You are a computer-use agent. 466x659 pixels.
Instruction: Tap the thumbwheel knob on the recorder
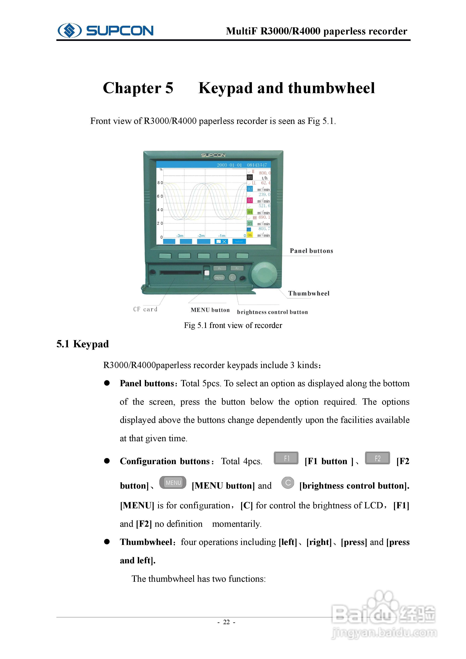coord(264,274)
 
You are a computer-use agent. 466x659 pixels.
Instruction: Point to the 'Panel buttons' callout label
coord(311,251)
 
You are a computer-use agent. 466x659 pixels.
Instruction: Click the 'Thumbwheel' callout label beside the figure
coord(309,293)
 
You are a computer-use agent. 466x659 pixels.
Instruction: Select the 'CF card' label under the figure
coord(145,309)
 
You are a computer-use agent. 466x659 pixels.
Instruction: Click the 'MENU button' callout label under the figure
coord(210,310)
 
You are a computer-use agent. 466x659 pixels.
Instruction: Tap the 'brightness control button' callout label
coord(272,312)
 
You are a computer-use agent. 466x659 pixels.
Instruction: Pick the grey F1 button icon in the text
coord(286,458)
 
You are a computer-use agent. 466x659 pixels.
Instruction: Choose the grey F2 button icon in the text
coord(377,458)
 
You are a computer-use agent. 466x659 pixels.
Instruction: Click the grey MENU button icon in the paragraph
coord(173,483)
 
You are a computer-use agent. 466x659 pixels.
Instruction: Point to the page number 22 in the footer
coord(226,622)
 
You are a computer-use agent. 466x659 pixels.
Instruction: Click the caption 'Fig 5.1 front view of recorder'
coord(233,325)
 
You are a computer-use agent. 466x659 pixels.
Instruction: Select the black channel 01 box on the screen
coord(250,177)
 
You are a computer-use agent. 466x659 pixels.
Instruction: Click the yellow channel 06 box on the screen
coord(250,235)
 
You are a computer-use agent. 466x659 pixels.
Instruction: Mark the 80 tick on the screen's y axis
coord(160,183)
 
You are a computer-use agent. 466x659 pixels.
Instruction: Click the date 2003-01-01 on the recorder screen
coord(229,165)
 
